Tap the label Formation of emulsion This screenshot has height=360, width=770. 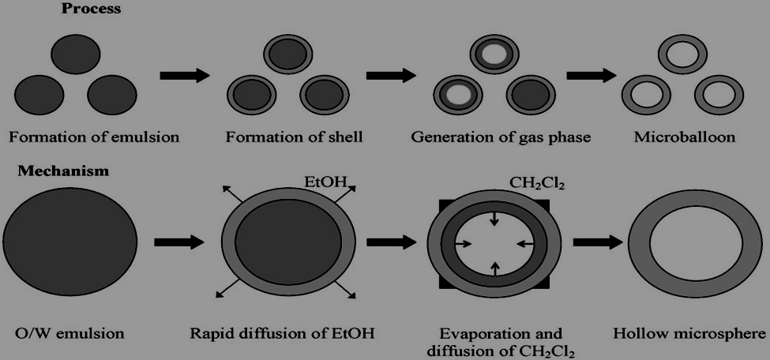[94, 137]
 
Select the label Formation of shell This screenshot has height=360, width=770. [294, 137]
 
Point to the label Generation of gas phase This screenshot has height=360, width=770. [501, 137]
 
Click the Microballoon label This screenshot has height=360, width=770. [685, 137]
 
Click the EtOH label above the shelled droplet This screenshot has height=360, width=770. [325, 183]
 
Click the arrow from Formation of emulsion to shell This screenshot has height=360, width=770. [184, 76]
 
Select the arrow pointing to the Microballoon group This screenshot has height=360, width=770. [592, 76]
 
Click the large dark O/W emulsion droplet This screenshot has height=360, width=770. [71, 241]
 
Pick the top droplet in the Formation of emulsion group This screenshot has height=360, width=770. [75, 54]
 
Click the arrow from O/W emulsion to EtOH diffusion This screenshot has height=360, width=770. [178, 242]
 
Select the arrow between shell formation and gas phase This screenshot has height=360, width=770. [391, 76]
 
